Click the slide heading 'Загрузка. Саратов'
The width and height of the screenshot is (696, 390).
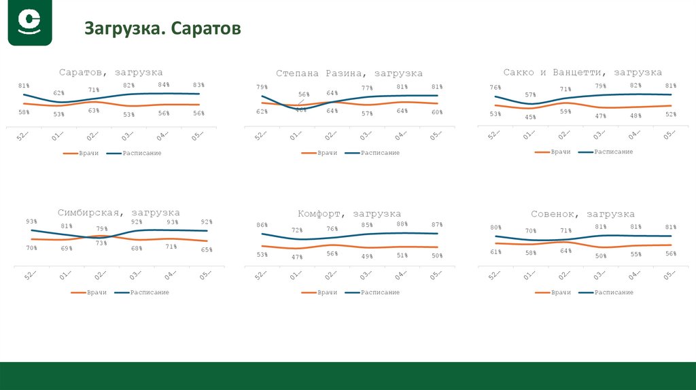pos(162,29)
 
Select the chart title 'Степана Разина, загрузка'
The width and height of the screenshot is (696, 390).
pos(349,73)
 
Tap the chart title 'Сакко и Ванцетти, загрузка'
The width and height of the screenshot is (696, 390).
pos(582,72)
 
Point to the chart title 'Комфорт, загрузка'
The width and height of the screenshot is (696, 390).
pos(349,213)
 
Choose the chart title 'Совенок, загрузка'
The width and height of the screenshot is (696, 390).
pos(582,213)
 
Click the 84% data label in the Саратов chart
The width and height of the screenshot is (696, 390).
pos(164,84)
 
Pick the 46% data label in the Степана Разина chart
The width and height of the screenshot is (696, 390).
pos(300,109)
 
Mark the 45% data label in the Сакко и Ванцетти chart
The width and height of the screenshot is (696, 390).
pos(530,117)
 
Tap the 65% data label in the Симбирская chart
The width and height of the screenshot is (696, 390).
pos(206,250)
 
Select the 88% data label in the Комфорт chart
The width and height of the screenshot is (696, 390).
pos(402,224)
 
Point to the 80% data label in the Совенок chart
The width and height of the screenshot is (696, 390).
pos(495,227)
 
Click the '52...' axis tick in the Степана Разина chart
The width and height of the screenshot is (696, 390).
pos(260,136)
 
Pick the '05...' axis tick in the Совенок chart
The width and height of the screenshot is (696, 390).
pos(669,274)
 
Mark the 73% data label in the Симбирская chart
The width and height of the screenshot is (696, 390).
pos(101,243)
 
